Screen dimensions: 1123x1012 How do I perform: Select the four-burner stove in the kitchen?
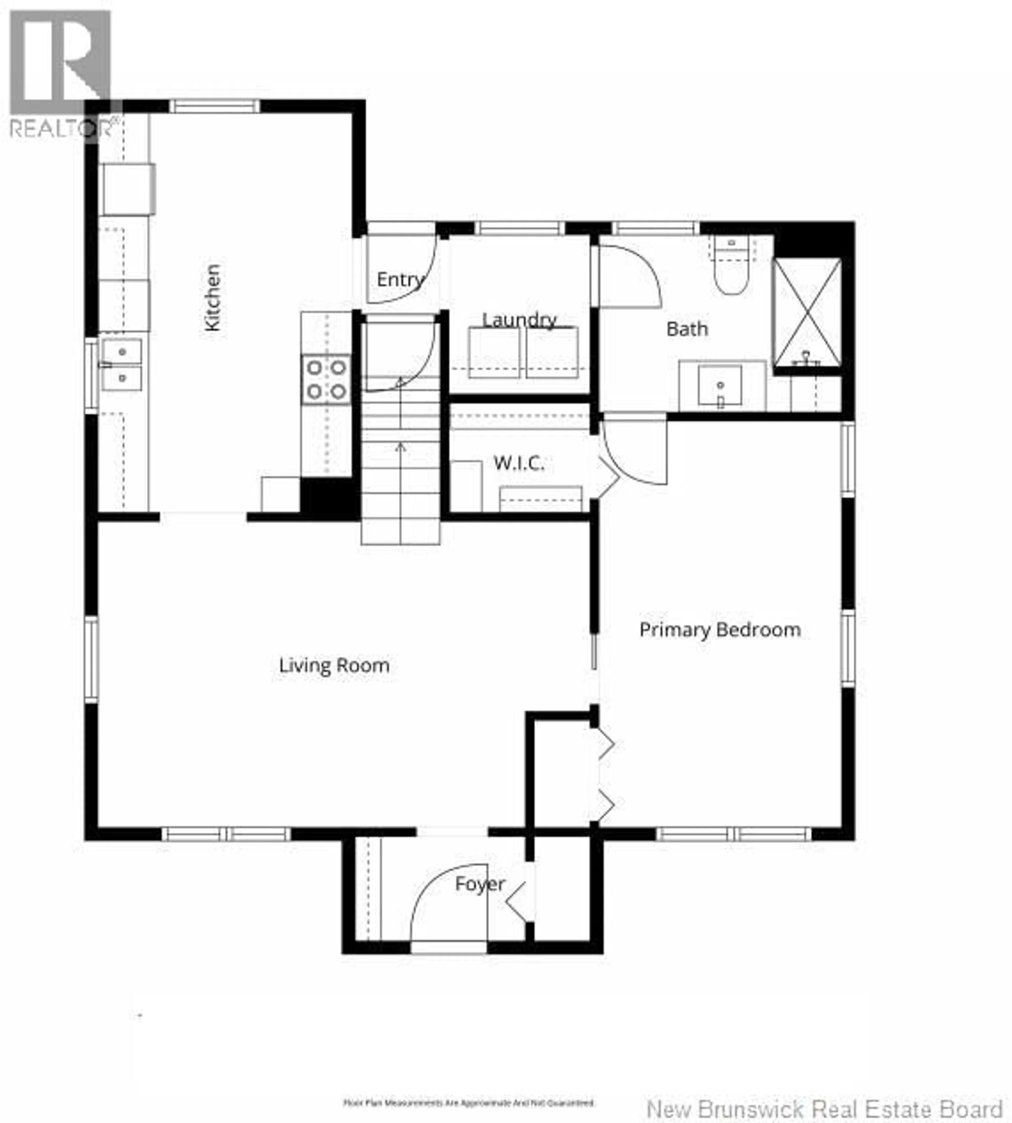click(x=326, y=380)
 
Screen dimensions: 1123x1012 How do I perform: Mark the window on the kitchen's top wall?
click(x=214, y=106)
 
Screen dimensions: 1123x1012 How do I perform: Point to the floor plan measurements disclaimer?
click(x=469, y=1087)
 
